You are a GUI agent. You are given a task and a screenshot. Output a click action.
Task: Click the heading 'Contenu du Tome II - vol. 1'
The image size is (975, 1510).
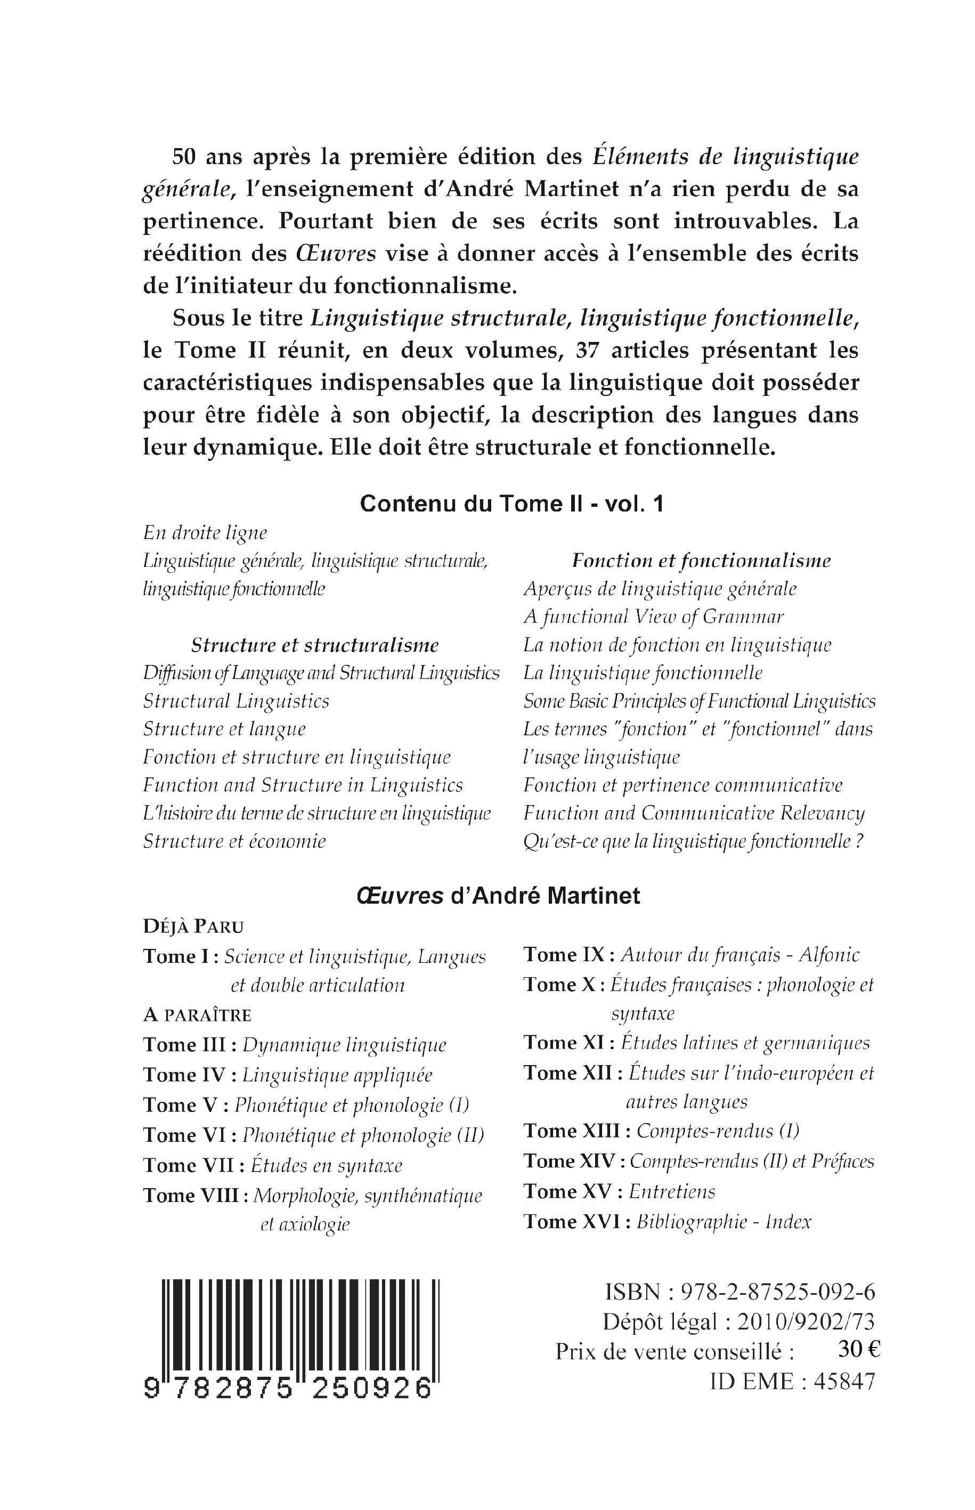[511, 504]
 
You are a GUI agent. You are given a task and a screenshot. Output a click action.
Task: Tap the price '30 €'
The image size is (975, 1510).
[858, 1351]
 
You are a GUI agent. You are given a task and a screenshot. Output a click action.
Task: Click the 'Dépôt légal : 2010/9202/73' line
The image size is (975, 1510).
[738, 1321]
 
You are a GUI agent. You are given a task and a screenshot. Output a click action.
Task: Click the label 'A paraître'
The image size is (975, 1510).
[197, 1015]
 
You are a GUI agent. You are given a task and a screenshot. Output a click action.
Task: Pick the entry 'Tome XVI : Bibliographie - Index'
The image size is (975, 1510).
[667, 1221]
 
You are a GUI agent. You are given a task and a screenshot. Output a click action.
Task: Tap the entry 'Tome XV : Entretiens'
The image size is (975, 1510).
[619, 1191]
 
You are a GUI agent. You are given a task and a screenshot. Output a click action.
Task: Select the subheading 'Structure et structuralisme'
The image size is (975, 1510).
[315, 645]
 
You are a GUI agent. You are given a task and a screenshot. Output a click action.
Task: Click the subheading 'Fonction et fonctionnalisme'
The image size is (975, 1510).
[701, 561]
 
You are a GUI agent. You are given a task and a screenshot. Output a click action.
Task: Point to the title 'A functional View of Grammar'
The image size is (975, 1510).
[653, 616]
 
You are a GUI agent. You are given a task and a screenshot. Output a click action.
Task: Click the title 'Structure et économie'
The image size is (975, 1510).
[234, 841]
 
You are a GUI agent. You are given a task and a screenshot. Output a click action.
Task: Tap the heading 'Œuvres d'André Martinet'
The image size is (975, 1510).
[498, 896]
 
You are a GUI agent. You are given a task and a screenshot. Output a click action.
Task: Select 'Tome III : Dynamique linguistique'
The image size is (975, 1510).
[295, 1045]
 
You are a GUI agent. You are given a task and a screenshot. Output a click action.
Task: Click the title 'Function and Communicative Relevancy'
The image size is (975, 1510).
[693, 813]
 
